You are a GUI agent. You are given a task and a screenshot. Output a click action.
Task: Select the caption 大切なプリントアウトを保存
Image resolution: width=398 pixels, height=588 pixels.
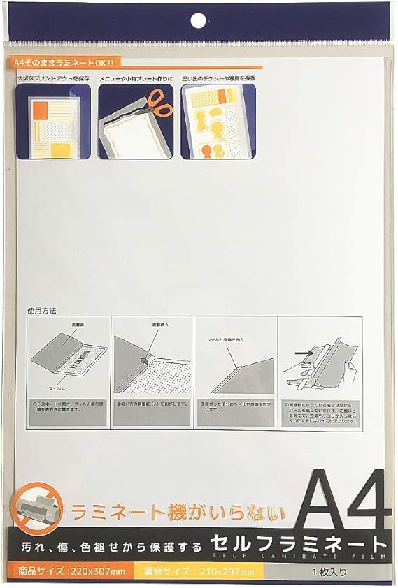55,78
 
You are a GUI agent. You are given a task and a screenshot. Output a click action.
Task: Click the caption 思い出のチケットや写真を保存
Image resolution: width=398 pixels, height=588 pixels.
218,78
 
